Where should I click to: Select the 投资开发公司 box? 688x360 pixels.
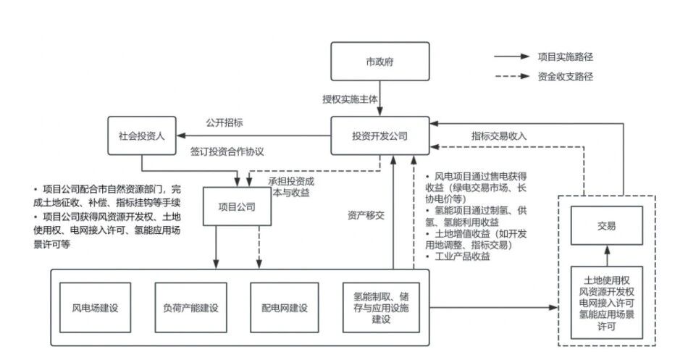379,135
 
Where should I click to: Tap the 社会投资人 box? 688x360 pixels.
142,135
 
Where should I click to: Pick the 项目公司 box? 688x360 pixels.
237,206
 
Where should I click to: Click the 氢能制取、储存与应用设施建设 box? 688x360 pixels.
381,307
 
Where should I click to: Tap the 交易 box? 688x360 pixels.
606,226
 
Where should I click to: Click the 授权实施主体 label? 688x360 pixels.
350,99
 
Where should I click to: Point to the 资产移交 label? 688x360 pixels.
367,215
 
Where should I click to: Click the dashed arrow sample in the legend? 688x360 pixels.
511,77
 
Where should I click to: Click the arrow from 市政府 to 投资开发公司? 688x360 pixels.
379,99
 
